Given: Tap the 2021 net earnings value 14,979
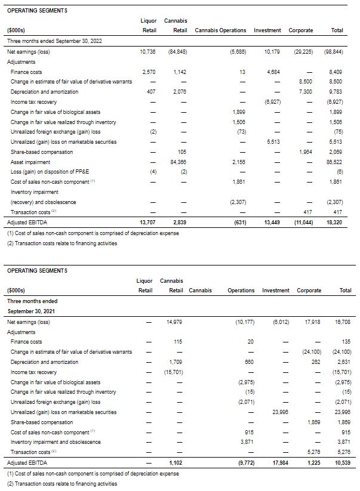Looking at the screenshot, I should point(173,322).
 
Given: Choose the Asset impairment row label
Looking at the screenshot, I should point(30,162).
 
